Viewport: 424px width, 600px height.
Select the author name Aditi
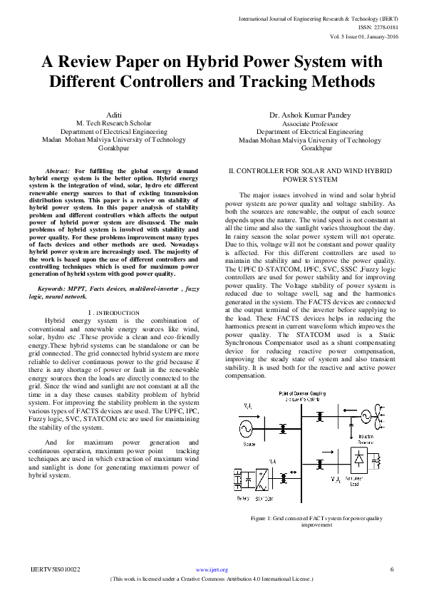click(x=113, y=113)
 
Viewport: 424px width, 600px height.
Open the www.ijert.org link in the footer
click(x=211, y=569)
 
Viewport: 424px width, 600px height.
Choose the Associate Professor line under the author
click(x=310, y=123)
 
